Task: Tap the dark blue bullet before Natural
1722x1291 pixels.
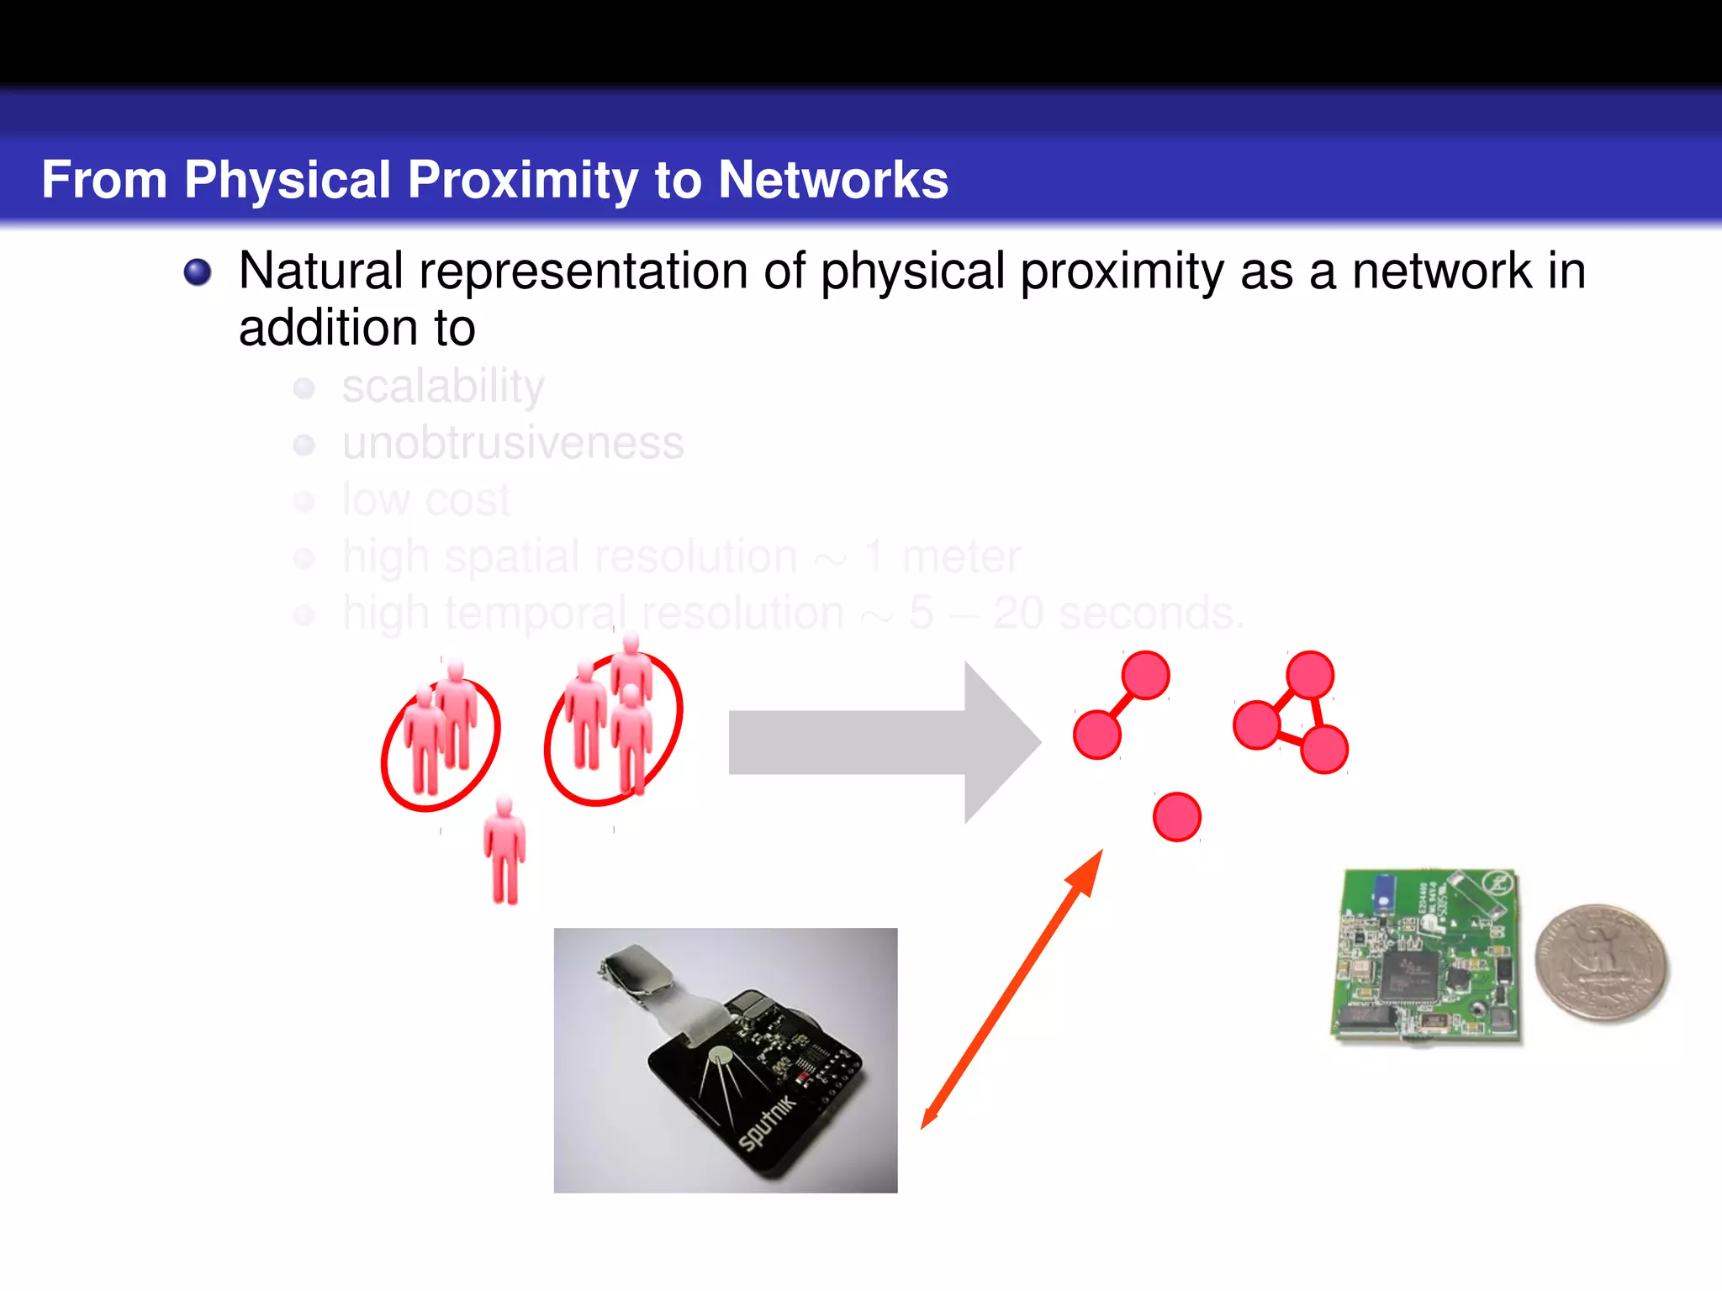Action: pos(198,272)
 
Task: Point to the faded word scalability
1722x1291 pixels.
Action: pos(442,387)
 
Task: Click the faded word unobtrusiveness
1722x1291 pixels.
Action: pos(513,443)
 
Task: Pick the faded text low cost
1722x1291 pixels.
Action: pos(425,500)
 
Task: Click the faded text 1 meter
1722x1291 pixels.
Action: pos(942,556)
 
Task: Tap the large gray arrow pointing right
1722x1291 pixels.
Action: pos(883,742)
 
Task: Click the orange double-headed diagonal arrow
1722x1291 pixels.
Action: pos(1012,989)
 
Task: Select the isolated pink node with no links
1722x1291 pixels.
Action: pos(1176,817)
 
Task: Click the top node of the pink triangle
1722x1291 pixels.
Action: pos(1309,674)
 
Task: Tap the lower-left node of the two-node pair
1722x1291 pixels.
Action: pos(1097,735)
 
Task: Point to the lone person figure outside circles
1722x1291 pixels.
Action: pos(504,851)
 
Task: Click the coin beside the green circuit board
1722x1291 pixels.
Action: pos(1601,963)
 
